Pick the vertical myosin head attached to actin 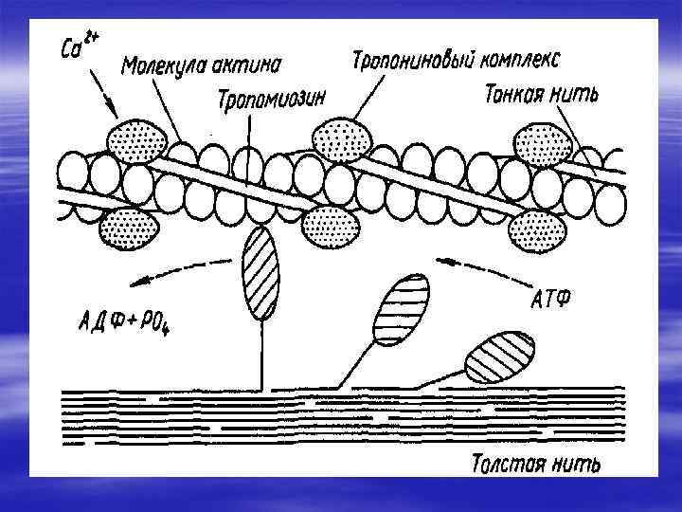tap(260, 273)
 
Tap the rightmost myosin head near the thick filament tap(498, 357)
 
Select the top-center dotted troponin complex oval tap(343, 138)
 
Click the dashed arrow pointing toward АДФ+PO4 tap(185, 272)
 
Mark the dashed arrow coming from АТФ tap(483, 268)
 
